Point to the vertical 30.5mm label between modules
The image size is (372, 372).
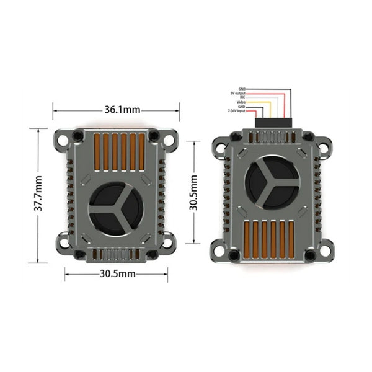pyautogui.click(x=194, y=192)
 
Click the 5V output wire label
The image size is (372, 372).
pyautogui.click(x=237, y=94)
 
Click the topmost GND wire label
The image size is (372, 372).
pyautogui.click(x=242, y=89)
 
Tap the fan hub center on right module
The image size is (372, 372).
pyautogui.click(x=270, y=180)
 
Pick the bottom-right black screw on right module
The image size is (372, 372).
pyautogui.click(x=311, y=255)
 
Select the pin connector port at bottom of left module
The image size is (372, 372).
pyautogui.click(x=115, y=255)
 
